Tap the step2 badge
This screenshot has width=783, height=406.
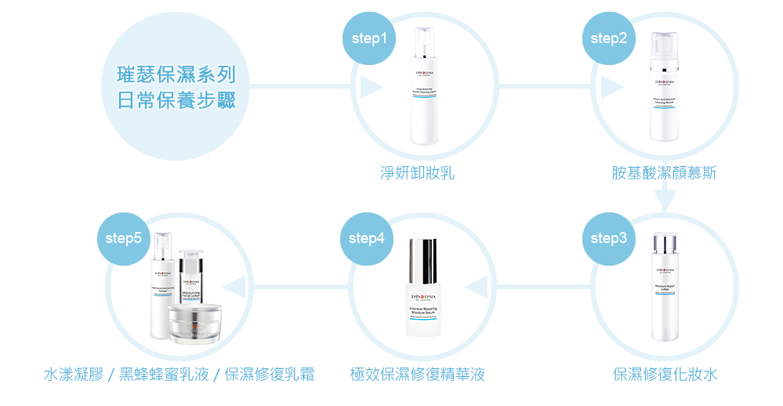608,38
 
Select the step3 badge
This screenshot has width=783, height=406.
608,238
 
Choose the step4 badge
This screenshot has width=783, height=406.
367,238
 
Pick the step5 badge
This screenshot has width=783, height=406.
123,238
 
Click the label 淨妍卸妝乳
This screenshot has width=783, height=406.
417,173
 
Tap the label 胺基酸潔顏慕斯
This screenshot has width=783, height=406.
664,173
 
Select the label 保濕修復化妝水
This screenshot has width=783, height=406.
665,374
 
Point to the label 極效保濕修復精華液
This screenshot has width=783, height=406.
417,374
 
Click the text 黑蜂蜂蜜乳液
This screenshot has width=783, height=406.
164,374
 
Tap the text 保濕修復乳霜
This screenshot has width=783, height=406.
269,374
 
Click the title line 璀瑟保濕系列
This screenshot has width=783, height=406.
176,75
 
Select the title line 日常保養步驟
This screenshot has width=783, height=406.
176,101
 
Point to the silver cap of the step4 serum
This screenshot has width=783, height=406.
423,261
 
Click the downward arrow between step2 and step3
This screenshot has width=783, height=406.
665,201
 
